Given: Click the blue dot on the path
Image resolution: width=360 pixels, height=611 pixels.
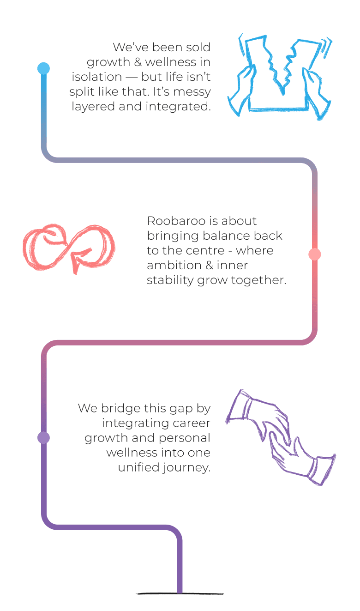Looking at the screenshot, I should point(43,69).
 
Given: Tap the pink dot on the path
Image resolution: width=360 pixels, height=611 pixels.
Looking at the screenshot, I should point(314,254).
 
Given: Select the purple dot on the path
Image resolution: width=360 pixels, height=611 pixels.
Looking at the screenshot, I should point(43,437).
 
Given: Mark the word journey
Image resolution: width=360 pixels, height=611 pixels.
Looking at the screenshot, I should point(188,468).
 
